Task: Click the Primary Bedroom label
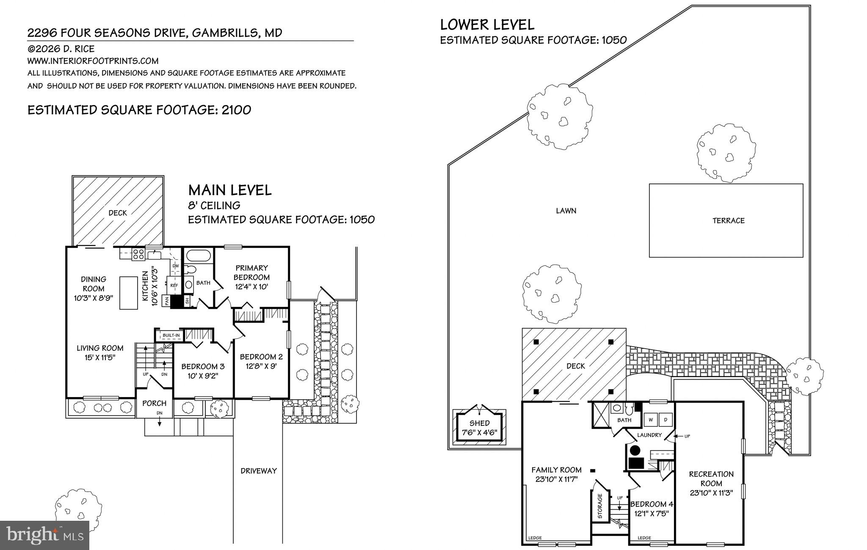252,272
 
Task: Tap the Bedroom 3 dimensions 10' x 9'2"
199,376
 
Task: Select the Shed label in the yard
479,423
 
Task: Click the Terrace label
728,220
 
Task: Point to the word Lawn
566,211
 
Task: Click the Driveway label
258,470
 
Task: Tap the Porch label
154,403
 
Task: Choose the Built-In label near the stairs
171,336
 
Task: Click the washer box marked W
651,419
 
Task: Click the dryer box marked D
665,419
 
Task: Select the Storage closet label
600,506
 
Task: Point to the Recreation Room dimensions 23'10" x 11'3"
711,493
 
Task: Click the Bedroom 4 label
652,504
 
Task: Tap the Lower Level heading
487,25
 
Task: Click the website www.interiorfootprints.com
93,61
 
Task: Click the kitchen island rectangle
129,293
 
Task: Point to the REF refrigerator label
174,286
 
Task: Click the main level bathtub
198,256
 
